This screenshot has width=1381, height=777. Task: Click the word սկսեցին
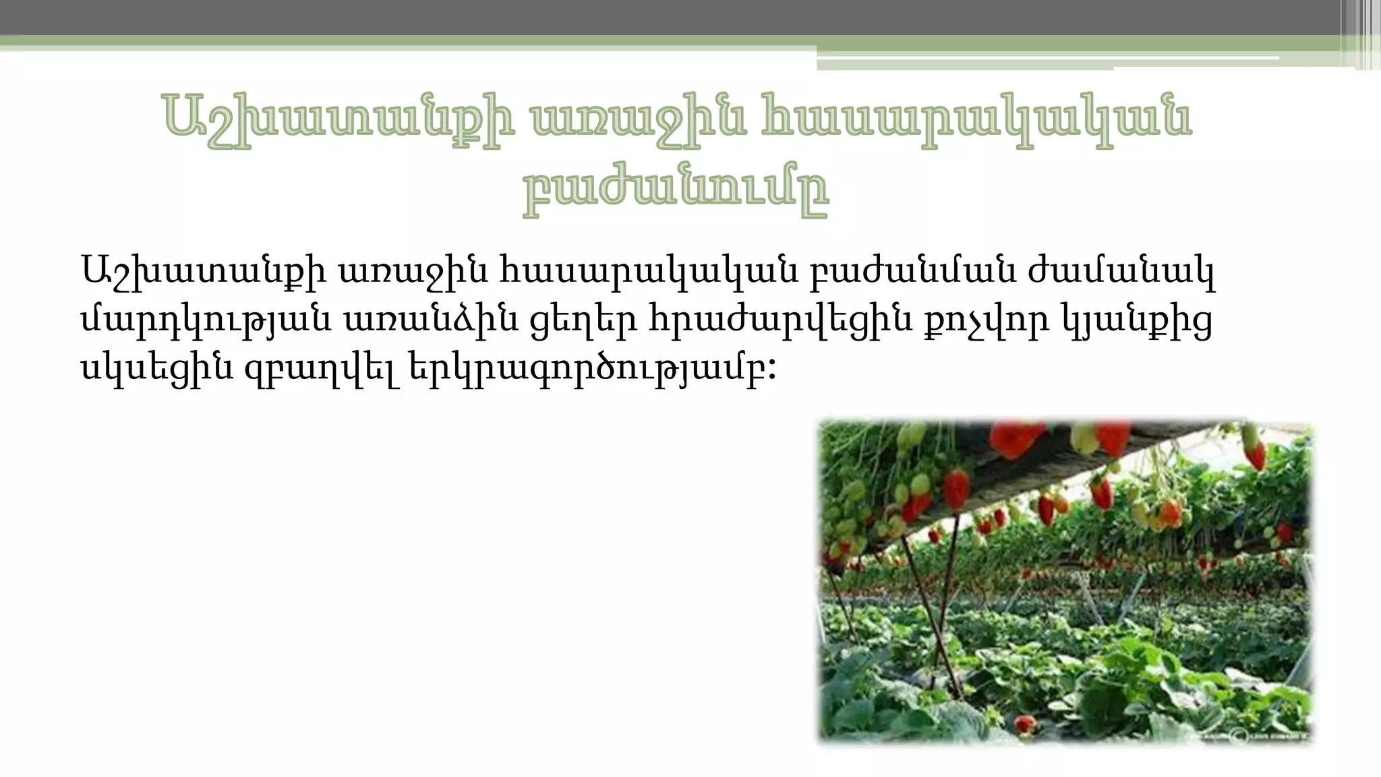click(156, 368)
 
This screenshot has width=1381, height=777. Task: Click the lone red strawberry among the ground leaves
click(1025, 724)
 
